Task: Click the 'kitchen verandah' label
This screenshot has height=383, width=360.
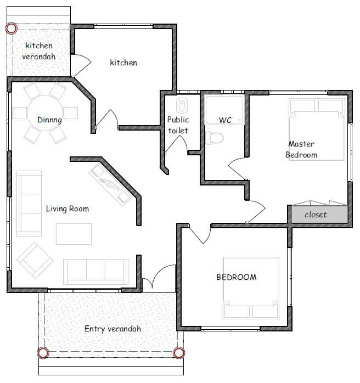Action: (x=39, y=51)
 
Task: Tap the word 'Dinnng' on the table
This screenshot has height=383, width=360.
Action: (x=49, y=120)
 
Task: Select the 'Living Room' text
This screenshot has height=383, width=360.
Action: (x=67, y=209)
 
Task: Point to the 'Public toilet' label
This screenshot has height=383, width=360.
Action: (x=178, y=125)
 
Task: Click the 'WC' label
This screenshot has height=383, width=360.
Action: (x=225, y=120)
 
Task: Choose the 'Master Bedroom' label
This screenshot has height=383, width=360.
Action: (x=301, y=149)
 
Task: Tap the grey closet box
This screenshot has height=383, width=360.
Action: (x=320, y=214)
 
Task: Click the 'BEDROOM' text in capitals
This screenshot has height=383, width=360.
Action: (x=237, y=277)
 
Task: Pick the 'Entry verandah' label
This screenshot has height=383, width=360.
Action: (x=113, y=329)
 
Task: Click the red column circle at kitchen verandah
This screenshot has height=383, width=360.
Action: (x=11, y=29)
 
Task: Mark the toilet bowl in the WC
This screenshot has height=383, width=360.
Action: (x=215, y=138)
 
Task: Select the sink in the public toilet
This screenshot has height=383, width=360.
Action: (x=182, y=105)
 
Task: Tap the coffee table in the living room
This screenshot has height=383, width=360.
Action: (x=74, y=234)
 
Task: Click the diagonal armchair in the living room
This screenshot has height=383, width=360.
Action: (x=35, y=260)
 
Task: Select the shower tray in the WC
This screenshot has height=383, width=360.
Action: (x=224, y=110)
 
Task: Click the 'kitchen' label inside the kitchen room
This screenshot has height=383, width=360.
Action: (x=123, y=63)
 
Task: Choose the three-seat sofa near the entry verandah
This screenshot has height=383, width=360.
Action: (x=95, y=272)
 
